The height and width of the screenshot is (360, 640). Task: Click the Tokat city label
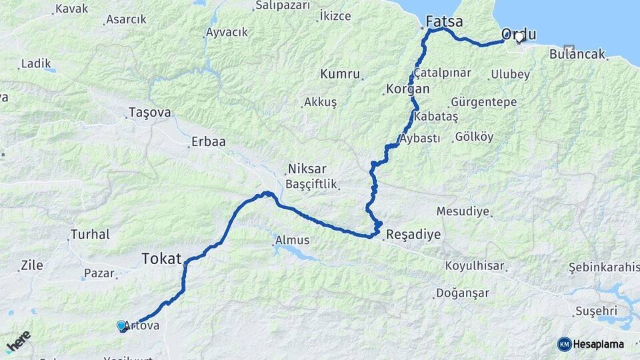161,259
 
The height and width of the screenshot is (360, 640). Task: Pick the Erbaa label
208,141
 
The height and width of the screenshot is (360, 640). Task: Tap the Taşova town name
150,113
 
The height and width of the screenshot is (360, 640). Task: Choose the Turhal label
90,235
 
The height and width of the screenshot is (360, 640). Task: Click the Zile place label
32,265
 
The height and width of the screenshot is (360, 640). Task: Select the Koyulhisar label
475,265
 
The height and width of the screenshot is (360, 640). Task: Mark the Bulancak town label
577,55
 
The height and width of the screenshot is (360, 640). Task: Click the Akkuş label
320,102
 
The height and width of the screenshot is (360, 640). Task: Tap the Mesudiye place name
463,211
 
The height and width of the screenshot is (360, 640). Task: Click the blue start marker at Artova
121,325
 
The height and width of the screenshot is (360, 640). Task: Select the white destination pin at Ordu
519,37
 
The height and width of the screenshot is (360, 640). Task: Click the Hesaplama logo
591,344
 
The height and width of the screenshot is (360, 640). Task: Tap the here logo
19,341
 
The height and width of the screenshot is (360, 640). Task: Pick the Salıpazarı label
283,5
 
